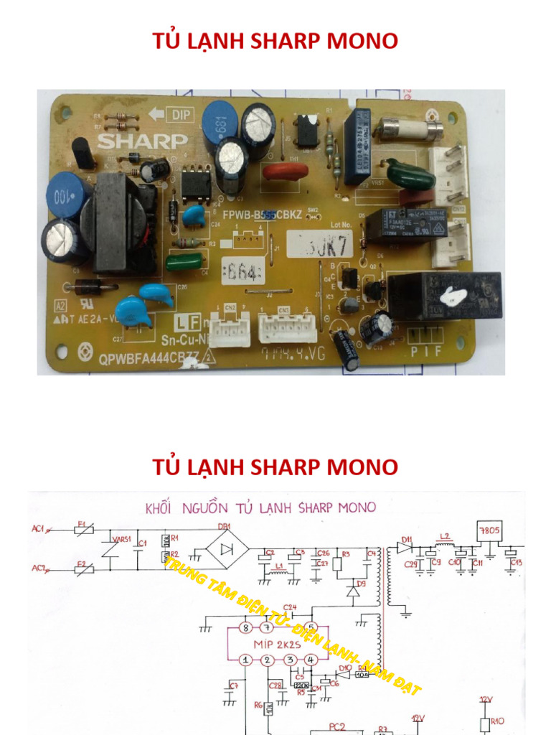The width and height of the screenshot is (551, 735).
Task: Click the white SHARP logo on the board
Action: click(x=142, y=141)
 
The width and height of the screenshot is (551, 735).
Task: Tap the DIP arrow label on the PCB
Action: click(x=166, y=114)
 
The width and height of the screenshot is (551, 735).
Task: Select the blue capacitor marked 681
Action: click(x=220, y=123)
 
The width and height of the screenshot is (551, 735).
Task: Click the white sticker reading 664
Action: click(x=243, y=272)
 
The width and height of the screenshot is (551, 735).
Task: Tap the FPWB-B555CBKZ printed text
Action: click(x=261, y=215)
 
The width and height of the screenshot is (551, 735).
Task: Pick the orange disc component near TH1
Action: click(x=285, y=172)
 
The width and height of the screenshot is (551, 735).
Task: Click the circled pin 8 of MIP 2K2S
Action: click(x=246, y=628)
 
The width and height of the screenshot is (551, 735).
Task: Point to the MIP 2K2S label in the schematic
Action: click(x=277, y=643)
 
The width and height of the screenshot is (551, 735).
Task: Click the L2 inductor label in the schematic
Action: click(x=446, y=536)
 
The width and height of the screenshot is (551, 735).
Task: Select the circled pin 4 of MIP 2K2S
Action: click(x=310, y=660)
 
